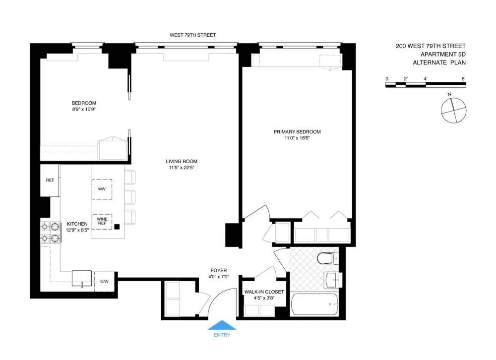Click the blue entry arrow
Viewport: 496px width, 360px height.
(222, 325)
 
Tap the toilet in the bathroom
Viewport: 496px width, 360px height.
(328, 258)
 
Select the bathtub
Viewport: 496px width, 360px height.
(314, 304)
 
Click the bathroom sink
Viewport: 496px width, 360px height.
(332, 280)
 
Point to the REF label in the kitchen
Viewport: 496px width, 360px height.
(50, 180)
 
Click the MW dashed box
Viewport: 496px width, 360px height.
(102, 189)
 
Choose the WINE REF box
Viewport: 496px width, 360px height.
(102, 222)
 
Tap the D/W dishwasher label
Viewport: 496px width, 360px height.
(104, 281)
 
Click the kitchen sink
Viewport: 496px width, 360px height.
(82, 278)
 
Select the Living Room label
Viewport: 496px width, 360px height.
(182, 161)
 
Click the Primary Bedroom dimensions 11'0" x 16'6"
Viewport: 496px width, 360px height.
(297, 138)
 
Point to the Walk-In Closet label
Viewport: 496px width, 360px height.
(264, 292)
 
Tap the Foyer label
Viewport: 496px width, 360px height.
(219, 270)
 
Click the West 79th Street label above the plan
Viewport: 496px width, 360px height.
(193, 35)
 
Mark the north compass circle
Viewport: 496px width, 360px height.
(454, 111)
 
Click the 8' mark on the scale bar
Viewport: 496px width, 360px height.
(463, 79)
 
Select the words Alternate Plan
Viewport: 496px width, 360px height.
(439, 62)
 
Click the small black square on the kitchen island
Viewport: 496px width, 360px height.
(117, 227)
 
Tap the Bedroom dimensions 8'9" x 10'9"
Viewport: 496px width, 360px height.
(84, 110)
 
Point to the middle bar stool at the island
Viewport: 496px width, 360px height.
(129, 197)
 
